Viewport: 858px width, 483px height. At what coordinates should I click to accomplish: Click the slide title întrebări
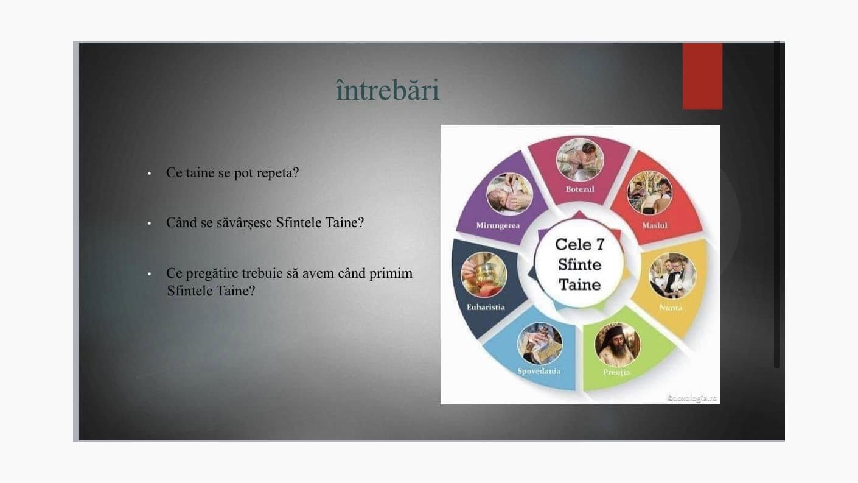[387, 90]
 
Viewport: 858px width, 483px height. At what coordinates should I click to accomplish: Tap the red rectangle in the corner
[702, 76]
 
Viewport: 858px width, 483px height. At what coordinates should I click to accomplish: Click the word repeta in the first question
[277, 173]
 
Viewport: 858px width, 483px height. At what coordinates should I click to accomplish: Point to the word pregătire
[215, 273]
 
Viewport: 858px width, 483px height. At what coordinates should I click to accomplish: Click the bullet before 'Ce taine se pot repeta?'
[149, 174]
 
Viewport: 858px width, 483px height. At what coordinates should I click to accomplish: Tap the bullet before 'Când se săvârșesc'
[149, 224]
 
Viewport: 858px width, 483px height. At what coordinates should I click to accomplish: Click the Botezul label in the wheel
[580, 189]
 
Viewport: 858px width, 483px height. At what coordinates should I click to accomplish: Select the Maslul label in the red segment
[655, 225]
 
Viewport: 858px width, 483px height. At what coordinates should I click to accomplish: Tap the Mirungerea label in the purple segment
[498, 225]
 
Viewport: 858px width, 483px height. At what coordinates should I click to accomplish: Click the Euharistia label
[486, 307]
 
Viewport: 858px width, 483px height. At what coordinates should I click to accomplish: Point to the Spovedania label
[539, 371]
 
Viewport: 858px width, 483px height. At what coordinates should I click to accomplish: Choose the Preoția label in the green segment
[616, 372]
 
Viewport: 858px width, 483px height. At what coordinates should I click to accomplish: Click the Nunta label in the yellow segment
[671, 308]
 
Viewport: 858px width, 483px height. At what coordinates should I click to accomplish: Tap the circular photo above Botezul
[580, 160]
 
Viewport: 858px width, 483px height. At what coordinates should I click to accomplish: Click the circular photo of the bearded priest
[617, 345]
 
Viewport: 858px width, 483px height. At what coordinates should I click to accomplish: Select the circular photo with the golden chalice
[484, 275]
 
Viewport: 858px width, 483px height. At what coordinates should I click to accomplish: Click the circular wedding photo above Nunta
[672, 276]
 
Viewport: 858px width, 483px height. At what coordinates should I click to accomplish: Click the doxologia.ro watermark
[692, 399]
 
